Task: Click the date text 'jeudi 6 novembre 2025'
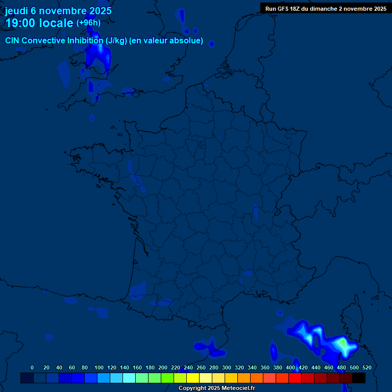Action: [58, 11]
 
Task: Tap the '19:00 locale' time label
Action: [39, 23]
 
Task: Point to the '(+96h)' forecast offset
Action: [88, 23]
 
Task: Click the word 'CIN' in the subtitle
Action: [12, 41]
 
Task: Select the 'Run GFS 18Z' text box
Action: [326, 8]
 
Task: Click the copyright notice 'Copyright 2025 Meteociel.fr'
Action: [216, 388]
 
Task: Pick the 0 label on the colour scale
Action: [32, 367]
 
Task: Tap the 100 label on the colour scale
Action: [99, 367]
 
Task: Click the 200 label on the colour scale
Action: [163, 367]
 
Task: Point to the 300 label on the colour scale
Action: [227, 367]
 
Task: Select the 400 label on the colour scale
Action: [290, 367]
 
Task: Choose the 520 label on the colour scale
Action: [366, 367]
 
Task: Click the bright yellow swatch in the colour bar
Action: [193, 378]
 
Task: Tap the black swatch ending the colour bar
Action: [359, 378]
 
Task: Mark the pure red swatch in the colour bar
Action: [295, 378]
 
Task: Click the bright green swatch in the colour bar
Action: [167, 378]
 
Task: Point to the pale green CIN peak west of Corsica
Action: [345, 346]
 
